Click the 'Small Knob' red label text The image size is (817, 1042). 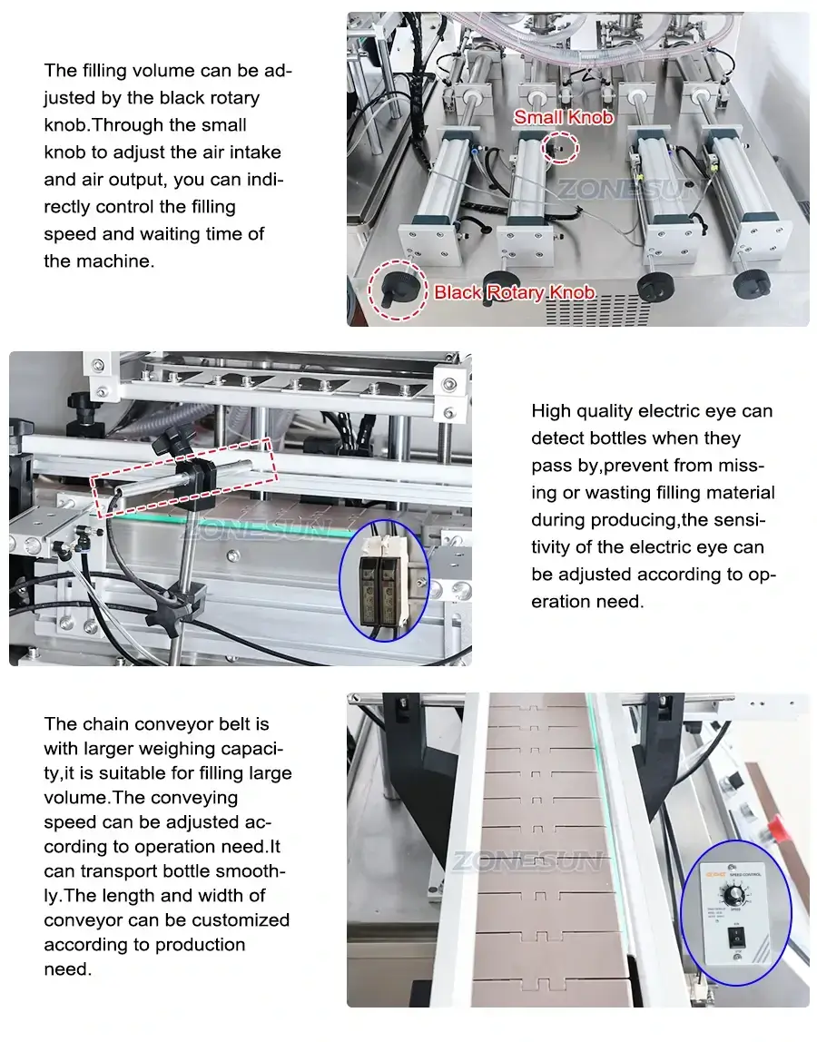coord(563,117)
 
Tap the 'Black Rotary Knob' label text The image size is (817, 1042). coord(514,292)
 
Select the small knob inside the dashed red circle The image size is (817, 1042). coord(560,146)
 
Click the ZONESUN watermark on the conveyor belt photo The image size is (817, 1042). coord(527,860)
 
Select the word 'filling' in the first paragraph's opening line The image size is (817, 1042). coord(107,71)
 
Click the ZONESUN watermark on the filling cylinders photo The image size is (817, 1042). coord(626,190)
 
